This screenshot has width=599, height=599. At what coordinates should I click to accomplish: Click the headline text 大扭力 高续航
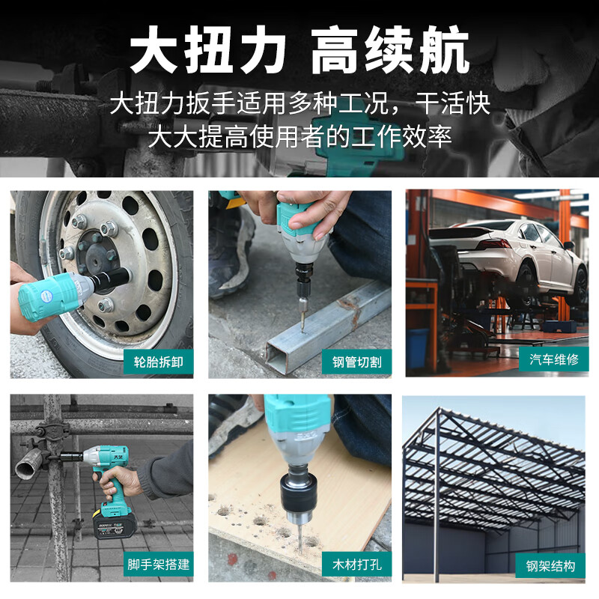pos(299,50)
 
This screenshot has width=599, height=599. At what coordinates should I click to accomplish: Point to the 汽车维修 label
pos(553,359)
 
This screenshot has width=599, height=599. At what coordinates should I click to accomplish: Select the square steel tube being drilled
pos(329,326)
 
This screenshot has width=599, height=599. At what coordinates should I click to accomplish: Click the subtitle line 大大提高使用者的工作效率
pos(299,137)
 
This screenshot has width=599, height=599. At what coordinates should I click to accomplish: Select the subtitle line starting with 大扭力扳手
pos(299,103)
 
